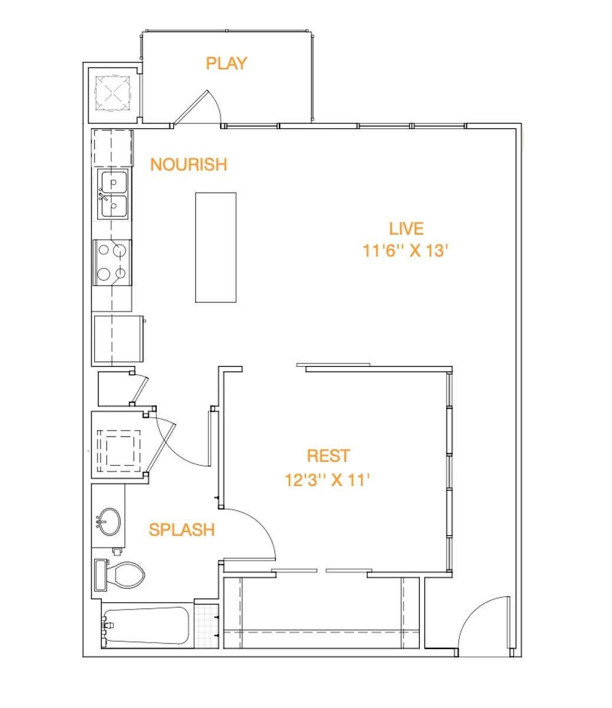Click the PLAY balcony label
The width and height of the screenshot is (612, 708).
226,63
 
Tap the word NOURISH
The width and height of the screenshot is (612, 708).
188,164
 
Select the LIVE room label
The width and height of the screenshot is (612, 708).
406,228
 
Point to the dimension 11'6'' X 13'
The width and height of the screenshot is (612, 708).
406,251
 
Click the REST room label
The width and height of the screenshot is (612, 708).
328,455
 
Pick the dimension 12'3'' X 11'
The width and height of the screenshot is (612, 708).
327,480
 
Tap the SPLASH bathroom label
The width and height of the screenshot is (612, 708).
182,530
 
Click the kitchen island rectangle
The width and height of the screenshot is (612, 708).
216,247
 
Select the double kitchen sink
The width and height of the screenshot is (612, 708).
114,195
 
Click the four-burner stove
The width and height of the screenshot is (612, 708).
112,262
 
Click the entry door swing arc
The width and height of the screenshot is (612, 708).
482,619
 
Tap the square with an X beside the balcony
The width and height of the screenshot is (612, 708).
112,92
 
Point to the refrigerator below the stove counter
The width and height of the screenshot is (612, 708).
118,339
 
